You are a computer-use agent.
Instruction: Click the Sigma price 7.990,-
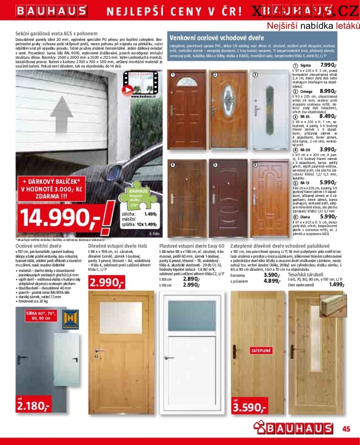(x=328, y=65)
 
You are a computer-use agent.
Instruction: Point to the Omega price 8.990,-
(x=328, y=91)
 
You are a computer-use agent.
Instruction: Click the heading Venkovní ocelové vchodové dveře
(x=216, y=37)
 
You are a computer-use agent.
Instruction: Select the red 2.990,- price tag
(x=107, y=283)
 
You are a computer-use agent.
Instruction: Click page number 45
(x=346, y=428)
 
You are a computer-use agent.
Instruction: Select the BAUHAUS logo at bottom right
(x=295, y=429)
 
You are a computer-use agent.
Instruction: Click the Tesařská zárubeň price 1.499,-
(x=336, y=285)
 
